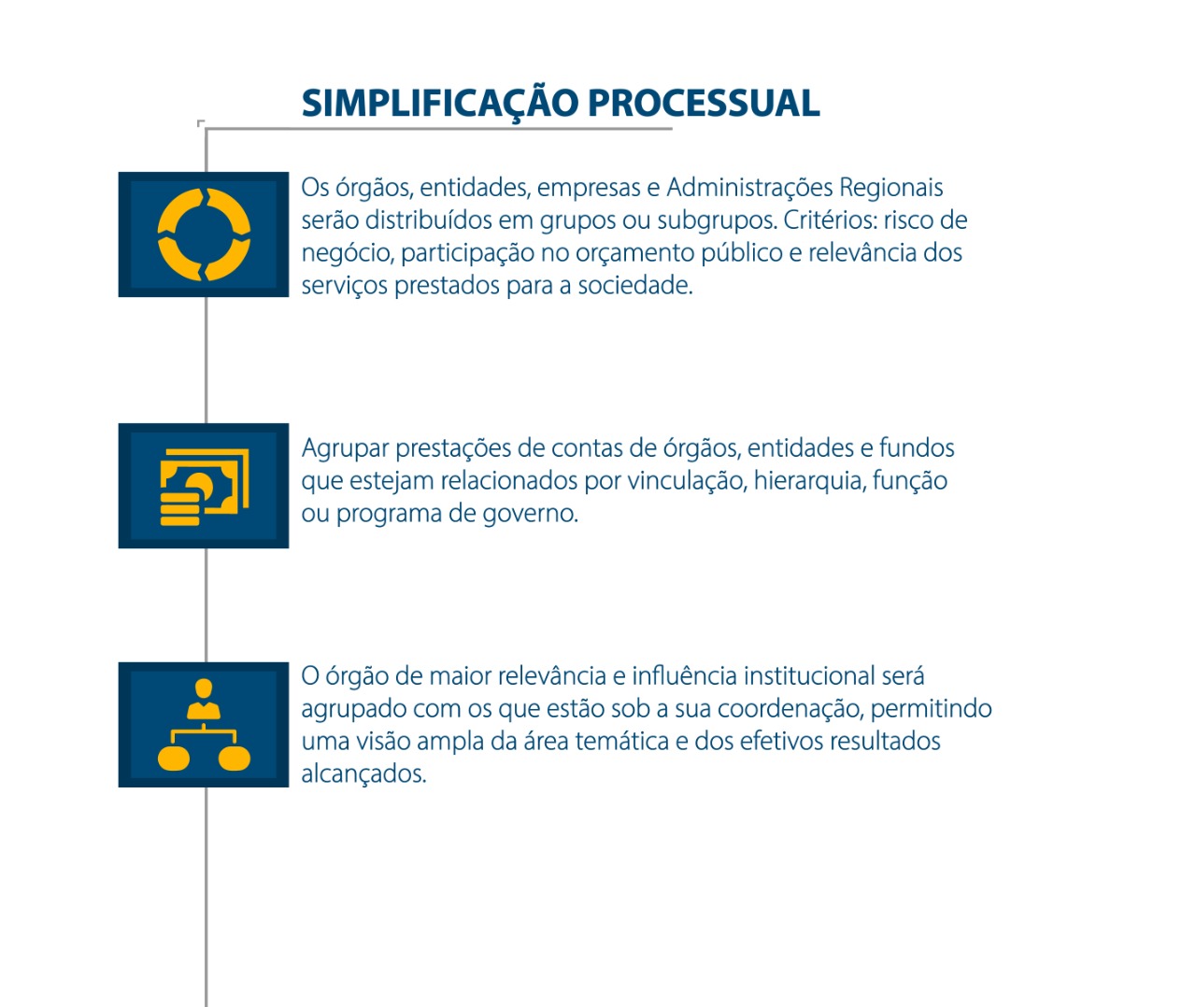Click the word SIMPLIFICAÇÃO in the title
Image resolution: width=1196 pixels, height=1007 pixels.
440,105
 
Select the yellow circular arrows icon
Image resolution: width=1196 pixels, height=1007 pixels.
204,234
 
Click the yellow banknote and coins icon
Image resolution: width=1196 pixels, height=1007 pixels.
205,487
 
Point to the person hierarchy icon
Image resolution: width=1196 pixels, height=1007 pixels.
204,724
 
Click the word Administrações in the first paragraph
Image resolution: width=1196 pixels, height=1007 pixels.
749,188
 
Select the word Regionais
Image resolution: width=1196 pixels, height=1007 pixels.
891,188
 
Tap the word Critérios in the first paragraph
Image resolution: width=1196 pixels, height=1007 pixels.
830,220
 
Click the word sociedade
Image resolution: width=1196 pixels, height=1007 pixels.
634,285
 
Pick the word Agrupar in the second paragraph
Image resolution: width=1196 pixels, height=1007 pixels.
345,448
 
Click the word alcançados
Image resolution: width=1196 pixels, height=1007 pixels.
363,774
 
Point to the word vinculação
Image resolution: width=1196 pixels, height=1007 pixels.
688,480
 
